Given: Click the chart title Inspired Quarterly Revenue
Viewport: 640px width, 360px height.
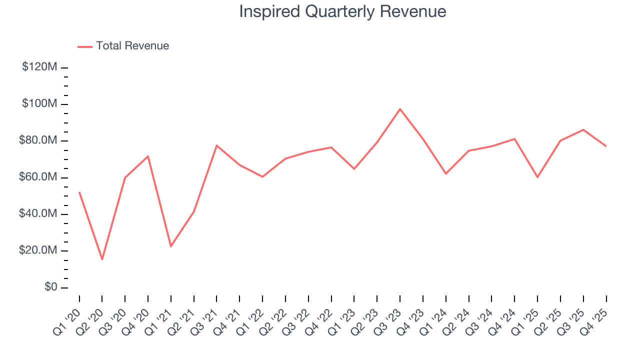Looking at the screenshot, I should pyautogui.click(x=342, y=11).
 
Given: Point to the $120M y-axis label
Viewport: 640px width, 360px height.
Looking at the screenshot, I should pyautogui.click(x=39, y=67).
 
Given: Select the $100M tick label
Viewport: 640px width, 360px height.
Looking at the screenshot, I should pyautogui.click(x=39, y=104).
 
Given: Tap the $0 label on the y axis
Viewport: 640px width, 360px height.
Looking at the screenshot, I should pyautogui.click(x=50, y=287).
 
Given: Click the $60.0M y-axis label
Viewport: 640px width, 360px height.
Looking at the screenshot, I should pyautogui.click(x=38, y=177).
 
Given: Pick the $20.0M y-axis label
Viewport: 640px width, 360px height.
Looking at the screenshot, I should pyautogui.click(x=38, y=250).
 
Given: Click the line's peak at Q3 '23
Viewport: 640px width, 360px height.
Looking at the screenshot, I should pyautogui.click(x=400, y=109).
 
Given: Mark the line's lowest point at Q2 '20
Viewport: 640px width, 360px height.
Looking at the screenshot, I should pyautogui.click(x=102, y=259).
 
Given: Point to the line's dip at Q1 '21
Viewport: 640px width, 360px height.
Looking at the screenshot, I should pyautogui.click(x=171, y=246).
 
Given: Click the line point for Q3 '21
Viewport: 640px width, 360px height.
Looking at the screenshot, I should pyautogui.click(x=216, y=145).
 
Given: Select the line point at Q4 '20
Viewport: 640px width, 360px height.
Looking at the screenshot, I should pyautogui.click(x=148, y=156).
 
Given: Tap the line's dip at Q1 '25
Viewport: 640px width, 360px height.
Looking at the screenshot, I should pyautogui.click(x=537, y=177).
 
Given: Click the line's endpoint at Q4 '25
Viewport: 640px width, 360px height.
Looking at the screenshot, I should pyautogui.click(x=606, y=146).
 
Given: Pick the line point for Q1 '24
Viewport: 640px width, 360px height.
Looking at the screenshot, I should pyautogui.click(x=445, y=173).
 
